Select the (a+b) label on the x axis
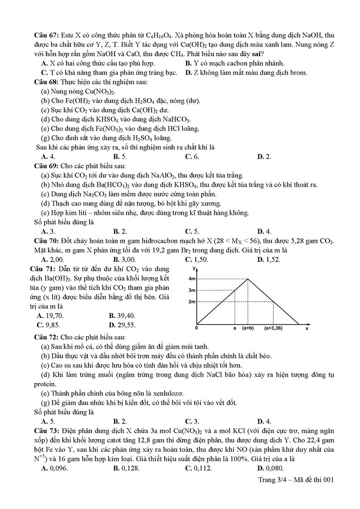(x=248, y=329)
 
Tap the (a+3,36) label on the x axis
(x=275, y=329)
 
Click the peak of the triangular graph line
(x=249, y=279)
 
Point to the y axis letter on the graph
(x=194, y=270)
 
